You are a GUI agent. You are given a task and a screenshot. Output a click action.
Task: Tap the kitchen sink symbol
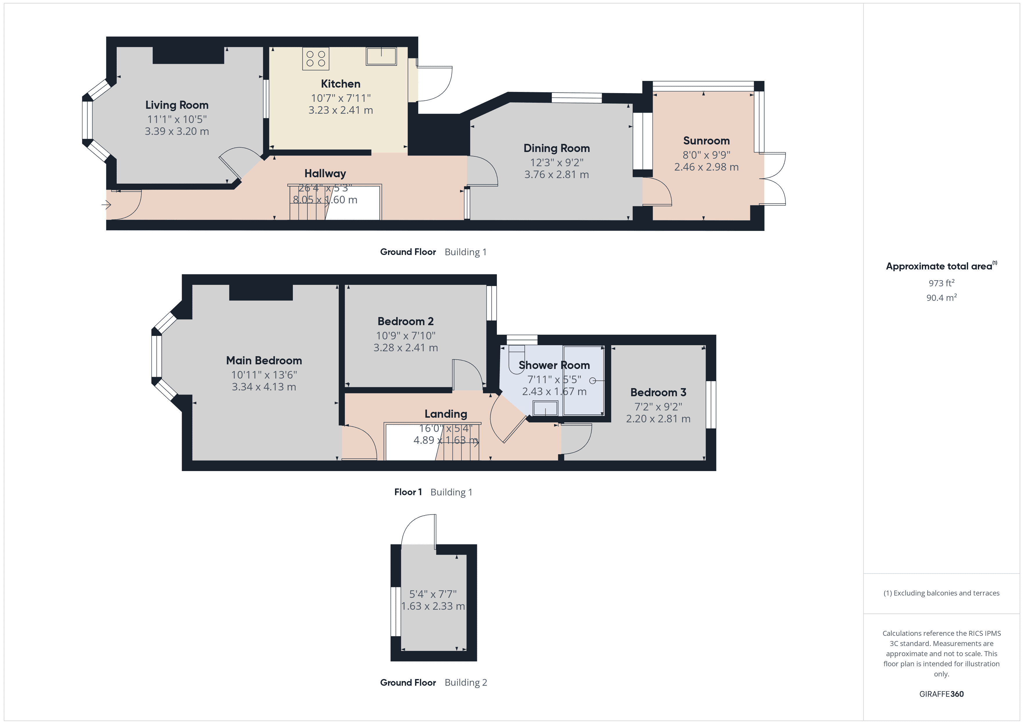point(381,56)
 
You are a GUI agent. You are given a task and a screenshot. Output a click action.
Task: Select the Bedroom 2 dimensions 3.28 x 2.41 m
point(405,348)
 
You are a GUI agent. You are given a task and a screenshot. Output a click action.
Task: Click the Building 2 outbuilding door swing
point(418,531)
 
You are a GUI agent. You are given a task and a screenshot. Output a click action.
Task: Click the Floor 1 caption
point(408,492)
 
